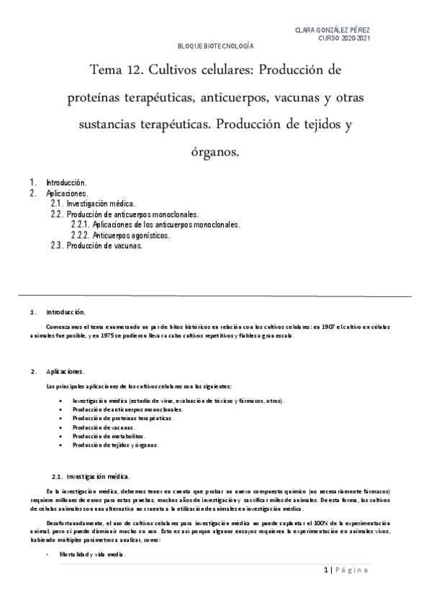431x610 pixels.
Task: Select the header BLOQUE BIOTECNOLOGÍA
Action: (x=216, y=46)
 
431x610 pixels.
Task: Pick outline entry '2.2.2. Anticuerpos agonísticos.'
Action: (x=121, y=235)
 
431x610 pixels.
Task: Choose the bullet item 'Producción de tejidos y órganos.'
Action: (x=115, y=445)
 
